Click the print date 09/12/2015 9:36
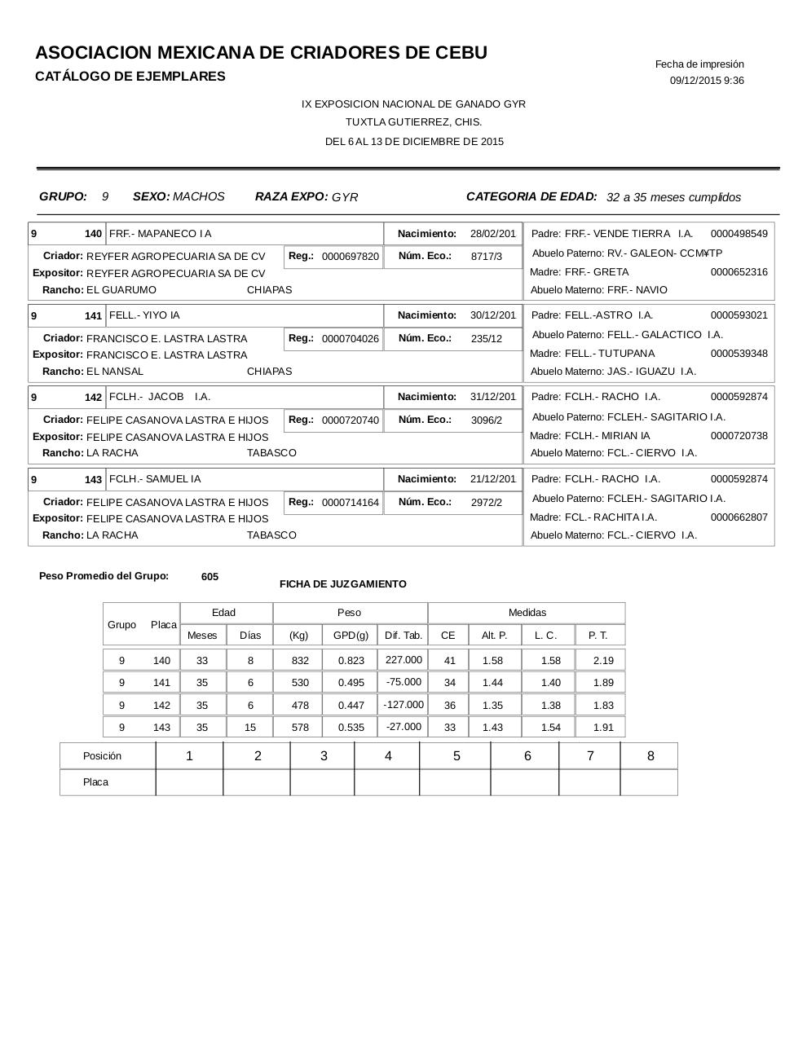click(706, 81)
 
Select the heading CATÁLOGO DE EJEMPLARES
click(130, 77)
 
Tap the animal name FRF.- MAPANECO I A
click(160, 234)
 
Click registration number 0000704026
click(350, 339)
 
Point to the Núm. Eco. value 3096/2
click(486, 420)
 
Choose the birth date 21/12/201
click(492, 479)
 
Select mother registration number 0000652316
click(739, 272)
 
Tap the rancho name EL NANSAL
click(115, 372)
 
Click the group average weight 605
click(209, 577)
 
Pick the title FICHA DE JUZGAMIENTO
click(342, 584)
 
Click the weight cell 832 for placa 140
click(300, 661)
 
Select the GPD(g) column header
click(351, 636)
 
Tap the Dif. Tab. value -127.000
click(403, 705)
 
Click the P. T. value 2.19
click(603, 661)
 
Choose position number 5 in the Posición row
click(456, 756)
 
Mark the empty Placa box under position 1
click(189, 782)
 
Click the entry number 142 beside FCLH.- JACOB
click(93, 398)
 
